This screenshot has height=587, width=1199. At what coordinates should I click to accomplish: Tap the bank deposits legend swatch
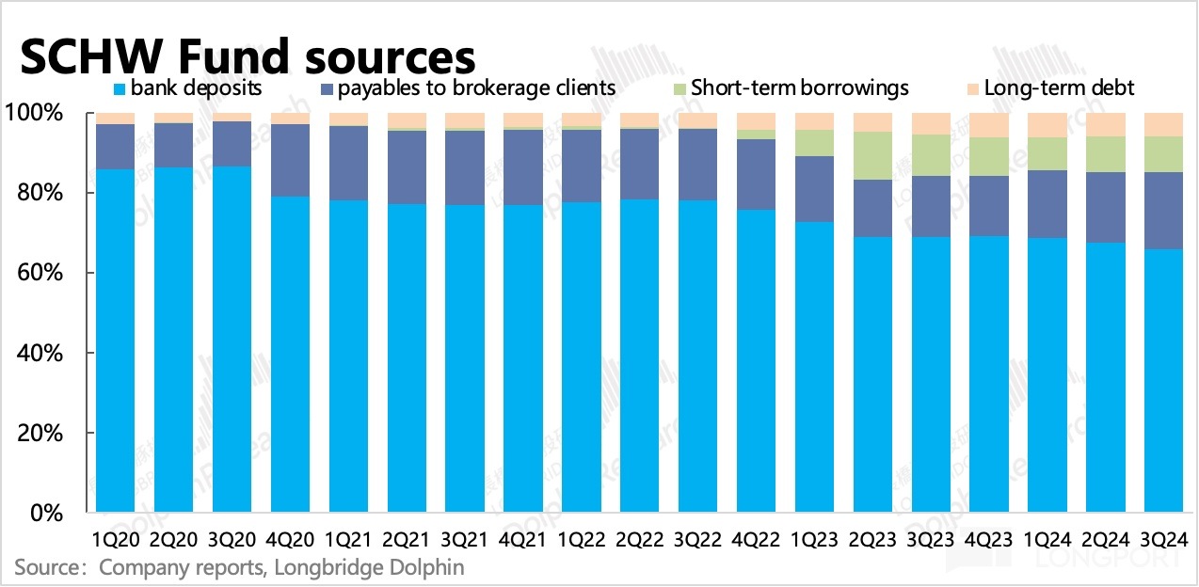[x=120, y=89]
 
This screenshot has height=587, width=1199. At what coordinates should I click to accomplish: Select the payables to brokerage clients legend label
[x=476, y=88]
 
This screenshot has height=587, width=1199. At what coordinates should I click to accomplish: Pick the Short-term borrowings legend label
[x=799, y=88]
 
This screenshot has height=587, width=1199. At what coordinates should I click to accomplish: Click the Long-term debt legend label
[x=1059, y=88]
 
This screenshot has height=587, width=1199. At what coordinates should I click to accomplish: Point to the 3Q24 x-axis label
[x=1164, y=540]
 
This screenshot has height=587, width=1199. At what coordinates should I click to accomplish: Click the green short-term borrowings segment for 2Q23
[x=872, y=155]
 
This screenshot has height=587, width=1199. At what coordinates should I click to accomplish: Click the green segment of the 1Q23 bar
[x=814, y=143]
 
